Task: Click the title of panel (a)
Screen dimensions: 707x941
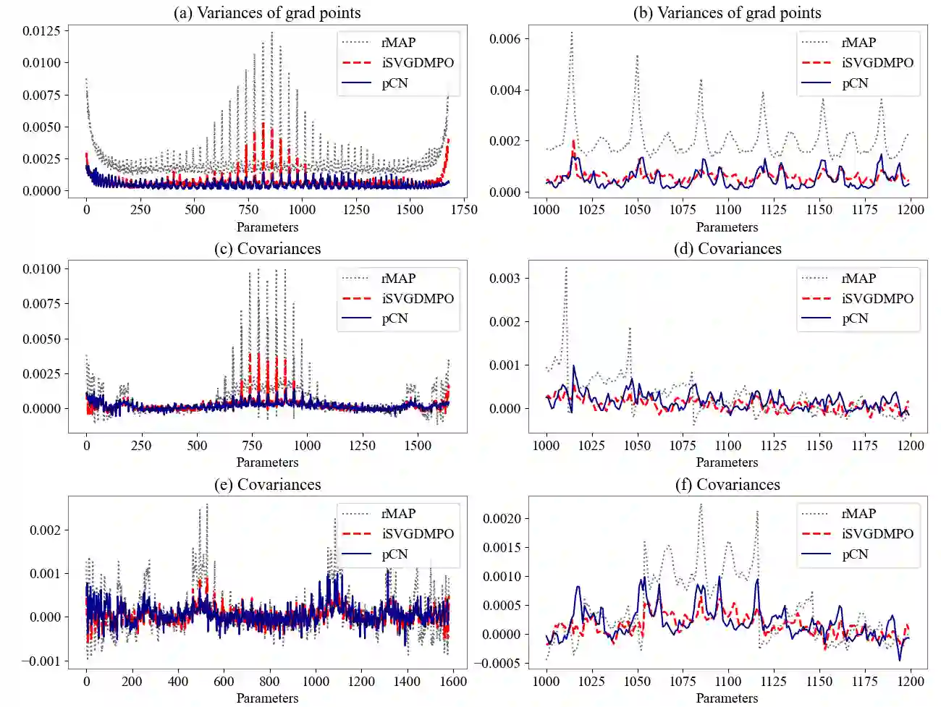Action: click(267, 13)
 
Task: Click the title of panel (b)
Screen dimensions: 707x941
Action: click(727, 13)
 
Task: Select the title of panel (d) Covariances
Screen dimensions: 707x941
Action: click(727, 249)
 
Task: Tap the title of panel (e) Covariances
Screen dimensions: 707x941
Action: click(267, 485)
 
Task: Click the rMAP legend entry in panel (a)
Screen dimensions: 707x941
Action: click(398, 43)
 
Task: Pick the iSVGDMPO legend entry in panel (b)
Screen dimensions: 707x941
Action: click(877, 63)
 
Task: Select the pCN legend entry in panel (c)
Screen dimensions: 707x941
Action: click(394, 318)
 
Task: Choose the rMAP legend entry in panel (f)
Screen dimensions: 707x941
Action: click(858, 514)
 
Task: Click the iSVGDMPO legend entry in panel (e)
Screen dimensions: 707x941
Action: click(418, 534)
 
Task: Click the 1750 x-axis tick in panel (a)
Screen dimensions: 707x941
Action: click(464, 210)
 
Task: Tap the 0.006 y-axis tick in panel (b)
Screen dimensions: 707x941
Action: click(505, 39)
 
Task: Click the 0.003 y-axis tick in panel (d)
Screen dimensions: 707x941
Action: click(505, 279)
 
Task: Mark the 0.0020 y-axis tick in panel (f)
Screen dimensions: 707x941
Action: click(502, 519)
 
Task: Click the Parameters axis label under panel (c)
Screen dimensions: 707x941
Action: click(267, 462)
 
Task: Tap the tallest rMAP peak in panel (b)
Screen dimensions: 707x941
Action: click(571, 33)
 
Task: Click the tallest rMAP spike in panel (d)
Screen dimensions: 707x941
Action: click(566, 268)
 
